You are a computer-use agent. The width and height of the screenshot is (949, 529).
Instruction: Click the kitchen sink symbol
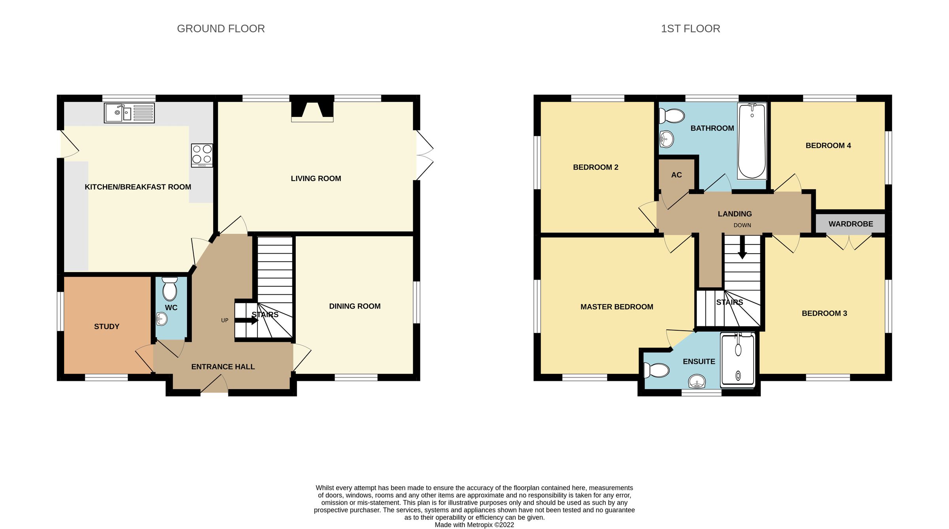click(129, 113)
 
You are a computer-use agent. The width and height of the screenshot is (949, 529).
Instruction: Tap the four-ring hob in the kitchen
click(202, 155)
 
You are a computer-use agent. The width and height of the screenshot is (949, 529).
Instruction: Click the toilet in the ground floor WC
click(170, 289)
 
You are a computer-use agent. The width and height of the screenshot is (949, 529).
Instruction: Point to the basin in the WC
click(161, 319)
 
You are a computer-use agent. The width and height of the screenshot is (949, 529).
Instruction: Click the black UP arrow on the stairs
click(247, 320)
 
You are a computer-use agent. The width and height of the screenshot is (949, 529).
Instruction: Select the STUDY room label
click(107, 326)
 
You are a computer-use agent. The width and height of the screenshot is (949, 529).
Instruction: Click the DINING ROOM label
click(355, 306)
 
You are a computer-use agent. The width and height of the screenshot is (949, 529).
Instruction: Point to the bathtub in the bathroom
click(752, 141)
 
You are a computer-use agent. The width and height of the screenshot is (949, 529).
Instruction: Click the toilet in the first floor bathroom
click(672, 116)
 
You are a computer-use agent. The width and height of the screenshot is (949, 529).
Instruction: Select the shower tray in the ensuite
click(737, 360)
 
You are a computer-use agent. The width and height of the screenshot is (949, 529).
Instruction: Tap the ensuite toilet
click(657, 371)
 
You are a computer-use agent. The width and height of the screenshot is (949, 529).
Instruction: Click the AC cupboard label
click(677, 175)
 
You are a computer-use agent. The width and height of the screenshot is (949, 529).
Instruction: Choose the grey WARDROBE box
click(851, 224)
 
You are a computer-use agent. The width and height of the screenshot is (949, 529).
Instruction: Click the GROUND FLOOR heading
click(221, 29)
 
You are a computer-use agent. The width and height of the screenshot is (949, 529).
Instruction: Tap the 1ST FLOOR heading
click(690, 29)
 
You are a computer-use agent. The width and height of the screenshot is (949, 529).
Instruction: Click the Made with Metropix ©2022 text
click(474, 525)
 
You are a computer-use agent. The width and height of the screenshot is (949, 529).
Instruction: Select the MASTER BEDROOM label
click(616, 307)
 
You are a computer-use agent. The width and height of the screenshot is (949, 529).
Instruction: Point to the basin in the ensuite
click(697, 382)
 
